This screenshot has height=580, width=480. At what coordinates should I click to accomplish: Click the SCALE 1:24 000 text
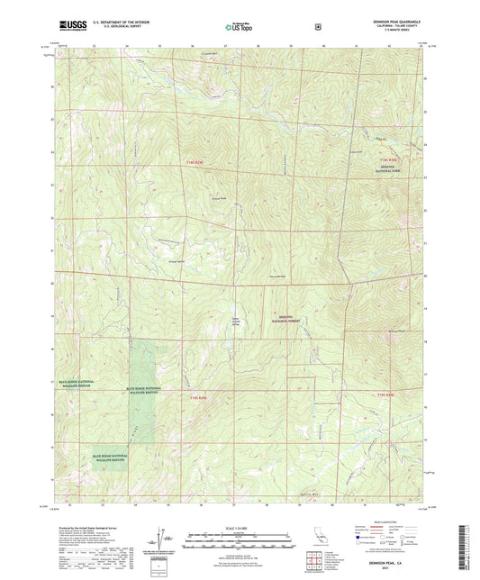click(240, 528)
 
